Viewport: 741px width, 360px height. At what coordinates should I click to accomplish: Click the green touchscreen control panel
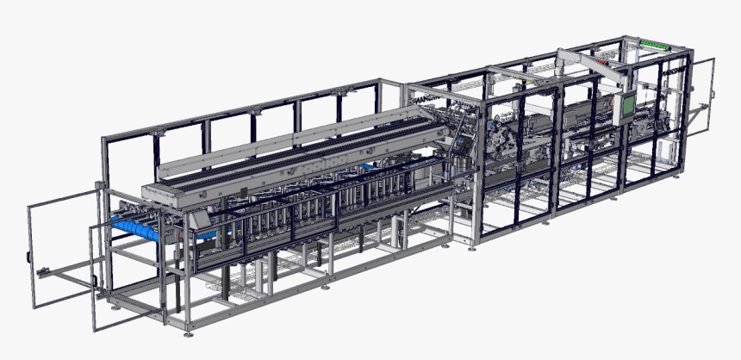tap(629, 103)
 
